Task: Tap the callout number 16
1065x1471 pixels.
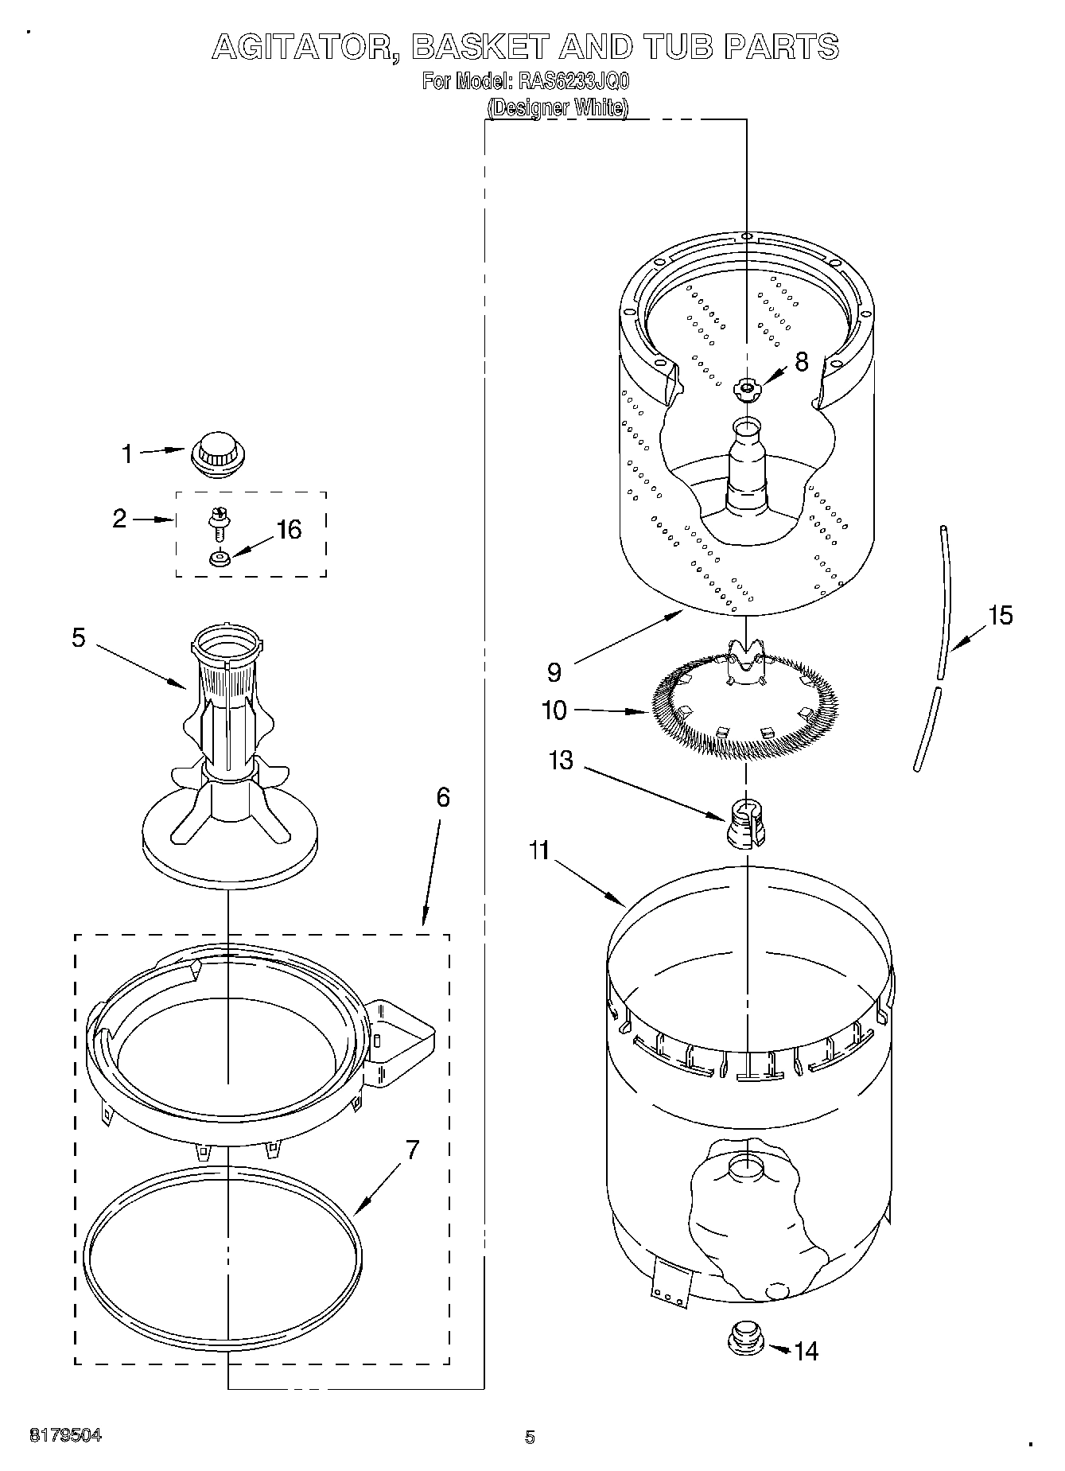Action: (290, 529)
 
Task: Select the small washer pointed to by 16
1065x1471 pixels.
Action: (220, 558)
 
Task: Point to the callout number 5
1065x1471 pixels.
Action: (79, 637)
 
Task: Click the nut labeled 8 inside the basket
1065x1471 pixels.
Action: (747, 388)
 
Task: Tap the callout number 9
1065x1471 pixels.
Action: (554, 672)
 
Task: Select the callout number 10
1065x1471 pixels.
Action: (554, 710)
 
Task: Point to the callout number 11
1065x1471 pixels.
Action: (539, 850)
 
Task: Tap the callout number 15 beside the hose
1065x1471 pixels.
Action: (1001, 615)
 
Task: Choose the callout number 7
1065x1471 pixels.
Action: (413, 1150)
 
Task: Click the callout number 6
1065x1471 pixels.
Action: (443, 796)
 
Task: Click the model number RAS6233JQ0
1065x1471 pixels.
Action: (573, 82)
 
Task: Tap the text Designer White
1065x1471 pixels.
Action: (558, 107)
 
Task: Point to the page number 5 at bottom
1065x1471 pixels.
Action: (530, 1437)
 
